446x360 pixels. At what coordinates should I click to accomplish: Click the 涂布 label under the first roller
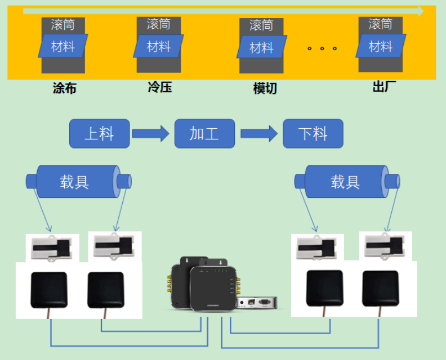coord(64,88)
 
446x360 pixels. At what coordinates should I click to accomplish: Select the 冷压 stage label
coord(159,87)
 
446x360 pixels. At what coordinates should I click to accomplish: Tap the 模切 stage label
coord(265,88)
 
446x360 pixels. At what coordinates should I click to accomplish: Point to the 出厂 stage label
coord(384,87)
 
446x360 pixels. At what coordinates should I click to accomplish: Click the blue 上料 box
coord(99,133)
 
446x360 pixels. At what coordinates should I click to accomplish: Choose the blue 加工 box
coord(204,133)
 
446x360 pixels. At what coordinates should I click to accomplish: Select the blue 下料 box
coord(313,133)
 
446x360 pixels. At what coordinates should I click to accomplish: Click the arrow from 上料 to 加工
coord(150,133)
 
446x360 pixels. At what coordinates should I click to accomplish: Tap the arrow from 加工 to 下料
coord(258,133)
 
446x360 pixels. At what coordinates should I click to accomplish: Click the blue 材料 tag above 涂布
coord(63,46)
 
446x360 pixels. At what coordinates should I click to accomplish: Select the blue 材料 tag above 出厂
coord(381,46)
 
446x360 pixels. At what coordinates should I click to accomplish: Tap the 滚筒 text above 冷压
coord(158,24)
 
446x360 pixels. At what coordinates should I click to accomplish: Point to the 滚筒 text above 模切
coord(261,25)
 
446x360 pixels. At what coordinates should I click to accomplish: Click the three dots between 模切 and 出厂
coord(322,48)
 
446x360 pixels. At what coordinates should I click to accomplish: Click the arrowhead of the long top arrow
coord(420,11)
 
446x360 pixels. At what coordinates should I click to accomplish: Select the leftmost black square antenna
coord(48,290)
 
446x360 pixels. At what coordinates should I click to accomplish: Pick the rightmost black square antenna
coord(380,289)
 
